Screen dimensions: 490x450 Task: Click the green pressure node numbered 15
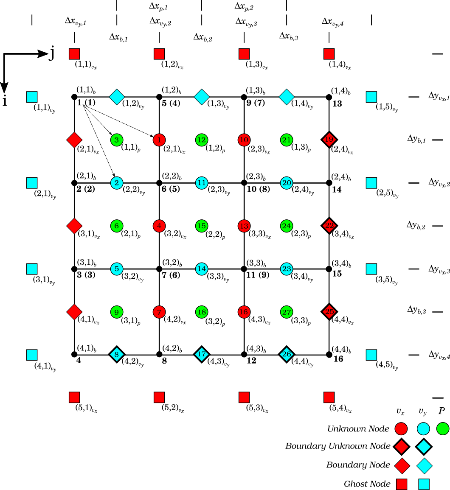[x=202, y=226]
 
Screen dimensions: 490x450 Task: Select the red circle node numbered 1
[x=159, y=139]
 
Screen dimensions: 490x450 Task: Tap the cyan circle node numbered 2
[x=116, y=183]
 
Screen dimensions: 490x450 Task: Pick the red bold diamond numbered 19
[x=329, y=139]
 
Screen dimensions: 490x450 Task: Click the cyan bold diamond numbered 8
[x=116, y=354]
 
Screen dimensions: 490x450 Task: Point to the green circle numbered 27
[x=287, y=312]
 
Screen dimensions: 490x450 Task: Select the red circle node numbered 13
[x=244, y=226]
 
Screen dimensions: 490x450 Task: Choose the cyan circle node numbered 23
[x=287, y=269]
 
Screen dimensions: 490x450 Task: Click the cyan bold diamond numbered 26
[x=287, y=354]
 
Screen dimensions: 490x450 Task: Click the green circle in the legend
[x=442, y=429]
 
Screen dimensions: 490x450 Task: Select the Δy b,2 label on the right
[x=416, y=225]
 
